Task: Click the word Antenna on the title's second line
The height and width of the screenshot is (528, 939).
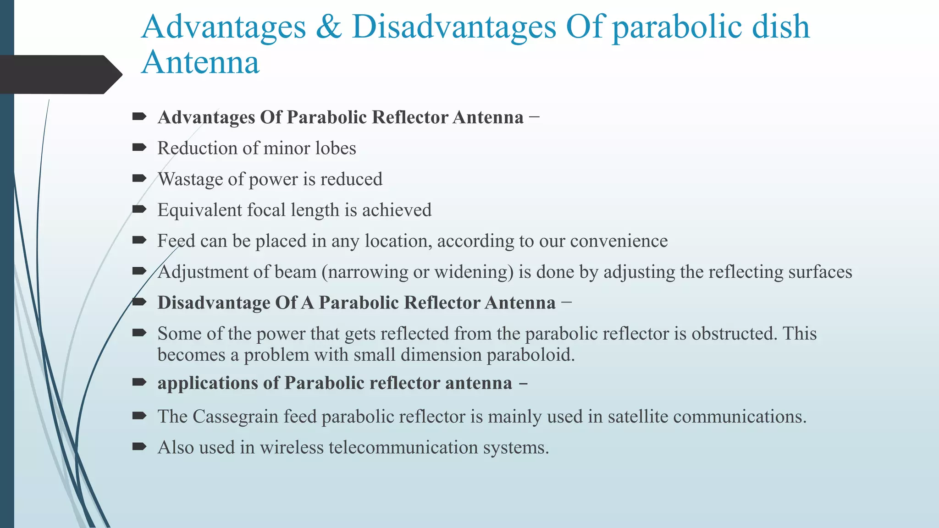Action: tap(200, 63)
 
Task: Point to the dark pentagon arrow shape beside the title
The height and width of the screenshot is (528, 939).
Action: tap(60, 75)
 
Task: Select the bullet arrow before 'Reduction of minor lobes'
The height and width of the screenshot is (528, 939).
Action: tap(139, 148)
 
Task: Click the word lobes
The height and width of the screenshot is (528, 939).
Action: tap(338, 148)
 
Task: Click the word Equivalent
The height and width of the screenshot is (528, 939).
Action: tap(199, 210)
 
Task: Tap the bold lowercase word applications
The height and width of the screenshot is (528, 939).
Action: tap(207, 383)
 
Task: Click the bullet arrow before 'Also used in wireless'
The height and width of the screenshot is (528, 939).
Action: tap(139, 447)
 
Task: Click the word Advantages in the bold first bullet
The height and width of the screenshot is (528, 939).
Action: tap(206, 118)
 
